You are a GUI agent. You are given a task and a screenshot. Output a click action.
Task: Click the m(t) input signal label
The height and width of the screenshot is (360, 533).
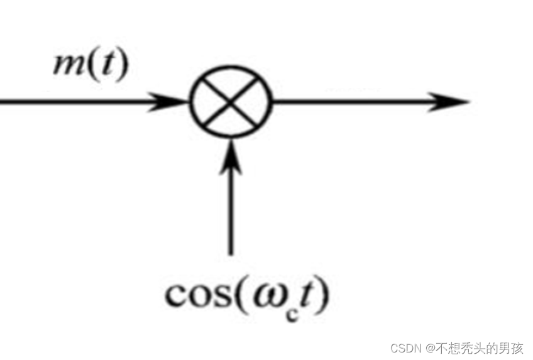coord(90,65)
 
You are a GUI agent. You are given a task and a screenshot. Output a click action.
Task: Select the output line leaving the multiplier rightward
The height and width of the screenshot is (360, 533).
coord(352,101)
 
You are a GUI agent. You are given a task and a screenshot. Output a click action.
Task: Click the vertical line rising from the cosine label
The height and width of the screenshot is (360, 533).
coord(231,207)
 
